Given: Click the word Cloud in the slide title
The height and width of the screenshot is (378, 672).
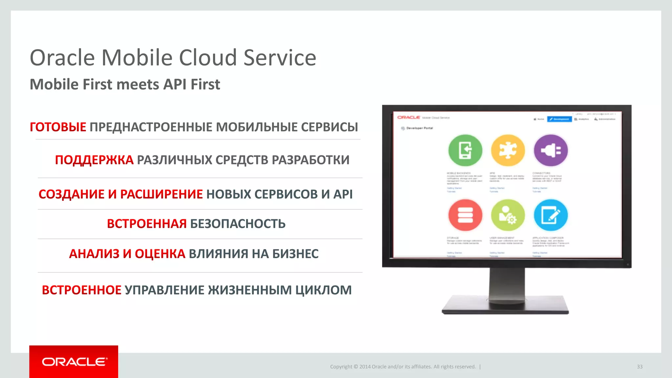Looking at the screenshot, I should point(208,58).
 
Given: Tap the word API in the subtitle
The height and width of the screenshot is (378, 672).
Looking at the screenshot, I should point(175,84).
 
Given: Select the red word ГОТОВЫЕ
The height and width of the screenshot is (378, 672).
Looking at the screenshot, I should point(58,127).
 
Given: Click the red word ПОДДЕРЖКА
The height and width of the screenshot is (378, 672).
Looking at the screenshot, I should point(94,160).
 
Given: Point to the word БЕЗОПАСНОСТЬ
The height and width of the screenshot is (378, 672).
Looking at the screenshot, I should point(238,224).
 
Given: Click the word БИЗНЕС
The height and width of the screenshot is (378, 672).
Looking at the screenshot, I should point(295,254).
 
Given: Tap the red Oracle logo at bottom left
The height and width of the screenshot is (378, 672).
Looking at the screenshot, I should point(74,362).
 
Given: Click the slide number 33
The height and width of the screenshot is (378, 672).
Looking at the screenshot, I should point(640,367).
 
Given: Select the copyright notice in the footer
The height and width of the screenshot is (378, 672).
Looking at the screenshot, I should point(403,367).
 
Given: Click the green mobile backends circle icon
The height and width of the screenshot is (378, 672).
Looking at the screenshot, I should point(465,150).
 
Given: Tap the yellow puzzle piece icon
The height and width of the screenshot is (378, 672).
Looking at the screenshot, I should point(508,150).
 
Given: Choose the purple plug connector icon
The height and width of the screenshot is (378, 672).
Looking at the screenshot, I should point(551,150).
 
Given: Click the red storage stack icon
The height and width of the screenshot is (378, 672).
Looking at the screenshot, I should point(465,215).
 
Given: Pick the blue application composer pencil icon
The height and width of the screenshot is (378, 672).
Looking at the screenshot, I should point(551,215).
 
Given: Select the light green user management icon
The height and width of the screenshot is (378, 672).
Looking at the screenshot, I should point(508,215).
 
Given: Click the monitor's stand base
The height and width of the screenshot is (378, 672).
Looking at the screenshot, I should point(505,307).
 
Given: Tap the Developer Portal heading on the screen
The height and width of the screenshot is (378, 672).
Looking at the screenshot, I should point(419,128).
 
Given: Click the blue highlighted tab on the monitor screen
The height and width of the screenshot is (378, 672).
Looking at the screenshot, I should point(559,119).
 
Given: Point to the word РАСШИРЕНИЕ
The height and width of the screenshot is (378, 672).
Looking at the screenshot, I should point(161,194).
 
